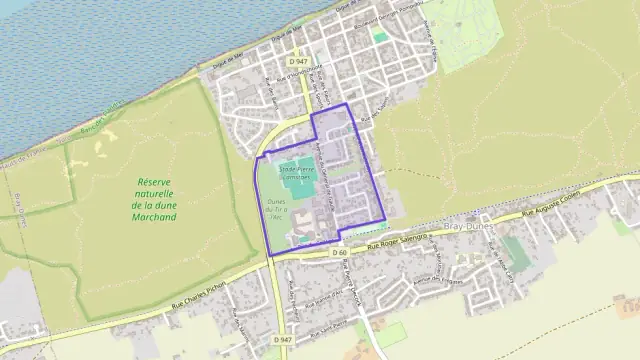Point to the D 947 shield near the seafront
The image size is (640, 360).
(296, 62)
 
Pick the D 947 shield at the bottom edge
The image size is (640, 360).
(283, 340)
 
